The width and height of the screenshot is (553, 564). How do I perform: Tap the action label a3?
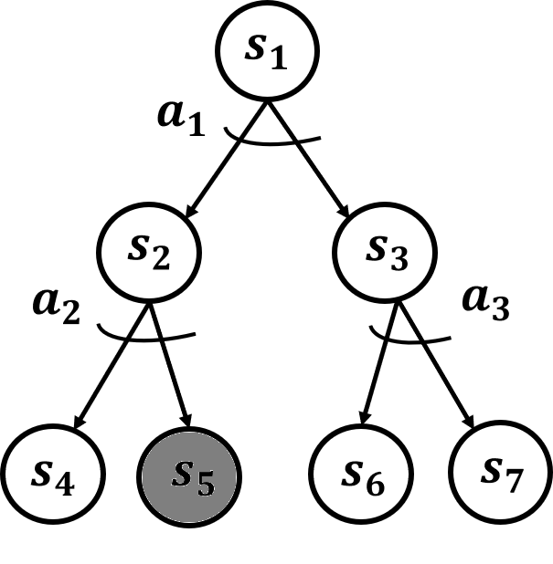tap(484, 301)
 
